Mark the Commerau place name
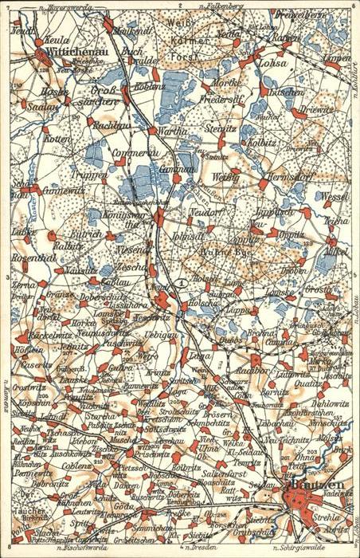[132, 152]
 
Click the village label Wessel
[335, 195]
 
